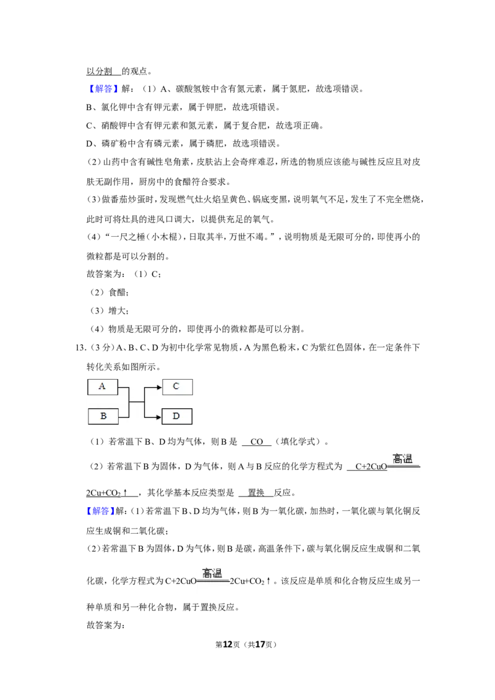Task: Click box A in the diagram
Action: coord(102,386)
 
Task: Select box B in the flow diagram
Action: coord(103,416)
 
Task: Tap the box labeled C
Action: coord(177,386)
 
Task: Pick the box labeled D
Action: coord(176,416)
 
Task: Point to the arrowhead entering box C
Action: coord(159,387)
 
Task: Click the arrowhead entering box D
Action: coord(158,417)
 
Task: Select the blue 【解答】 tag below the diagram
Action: coord(101,511)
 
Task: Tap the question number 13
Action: coord(80,348)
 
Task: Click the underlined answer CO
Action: coord(256,442)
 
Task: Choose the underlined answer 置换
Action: coord(256,492)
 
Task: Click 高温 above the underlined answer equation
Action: coord(403,458)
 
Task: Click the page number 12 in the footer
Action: coord(228,644)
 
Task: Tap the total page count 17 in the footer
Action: coord(260,644)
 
